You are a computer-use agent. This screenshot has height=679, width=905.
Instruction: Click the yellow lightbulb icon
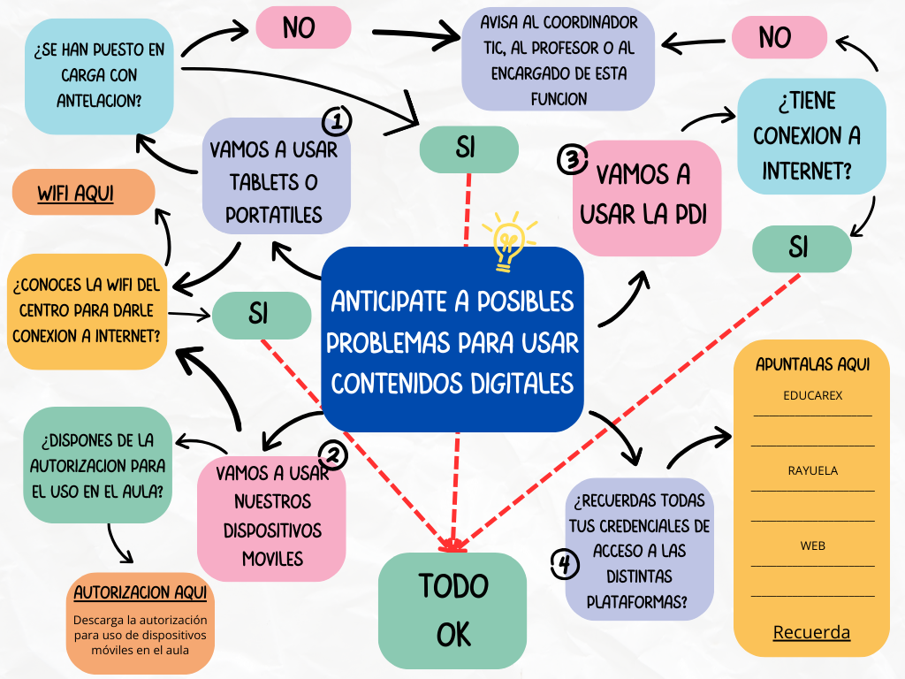pos(508,240)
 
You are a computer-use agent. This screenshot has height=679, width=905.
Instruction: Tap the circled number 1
pos(338,120)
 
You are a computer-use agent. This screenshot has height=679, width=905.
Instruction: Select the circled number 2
pos(332,455)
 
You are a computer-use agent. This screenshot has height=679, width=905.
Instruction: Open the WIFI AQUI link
pos(75,193)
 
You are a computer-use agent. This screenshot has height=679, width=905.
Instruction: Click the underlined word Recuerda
pos(811,632)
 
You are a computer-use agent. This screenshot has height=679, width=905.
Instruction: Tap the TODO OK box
pos(452,610)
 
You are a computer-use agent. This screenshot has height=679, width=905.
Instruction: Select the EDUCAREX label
pos(812,396)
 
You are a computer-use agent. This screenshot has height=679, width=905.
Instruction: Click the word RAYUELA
pos(812,471)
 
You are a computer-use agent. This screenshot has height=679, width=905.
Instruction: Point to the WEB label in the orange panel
pos(812,545)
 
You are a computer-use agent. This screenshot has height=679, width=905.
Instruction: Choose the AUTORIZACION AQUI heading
pos(141,591)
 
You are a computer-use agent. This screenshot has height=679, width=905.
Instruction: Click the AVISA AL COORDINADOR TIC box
pos(559,59)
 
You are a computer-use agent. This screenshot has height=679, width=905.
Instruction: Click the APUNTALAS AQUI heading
pos(812,364)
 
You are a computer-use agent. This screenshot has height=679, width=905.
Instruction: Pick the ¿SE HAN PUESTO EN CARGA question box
pos(99,75)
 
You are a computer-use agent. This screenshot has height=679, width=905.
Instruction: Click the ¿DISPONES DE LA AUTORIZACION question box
pos(97,464)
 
